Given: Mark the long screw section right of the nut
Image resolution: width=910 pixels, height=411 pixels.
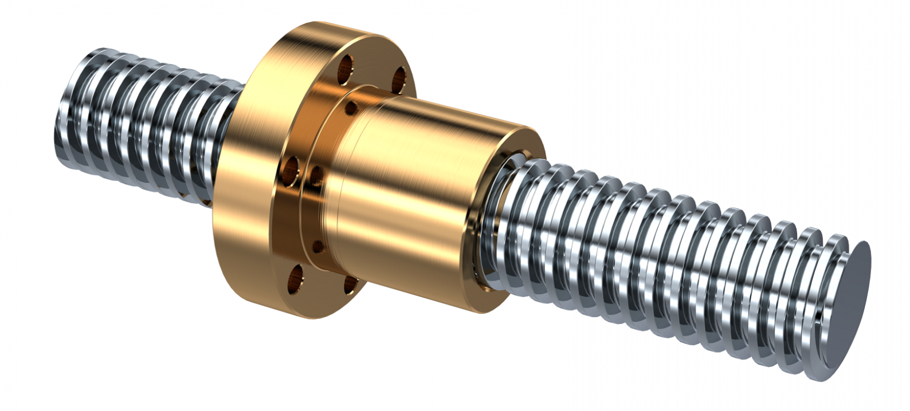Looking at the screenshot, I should click(659, 258).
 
